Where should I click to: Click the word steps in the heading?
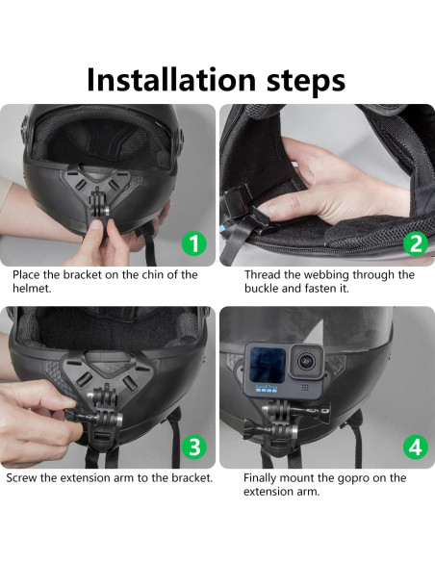(x=306, y=82)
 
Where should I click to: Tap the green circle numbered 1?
(x=193, y=243)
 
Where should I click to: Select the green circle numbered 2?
(x=416, y=243)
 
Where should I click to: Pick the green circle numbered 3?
(x=193, y=447)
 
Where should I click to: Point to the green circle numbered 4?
(x=416, y=447)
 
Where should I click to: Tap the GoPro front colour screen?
(x=268, y=365)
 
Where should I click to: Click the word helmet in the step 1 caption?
(x=31, y=288)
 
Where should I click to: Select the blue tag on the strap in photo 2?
(x=223, y=227)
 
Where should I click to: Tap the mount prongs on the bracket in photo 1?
(x=97, y=202)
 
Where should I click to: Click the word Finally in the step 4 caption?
(x=260, y=478)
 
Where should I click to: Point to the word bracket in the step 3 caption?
(x=192, y=478)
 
